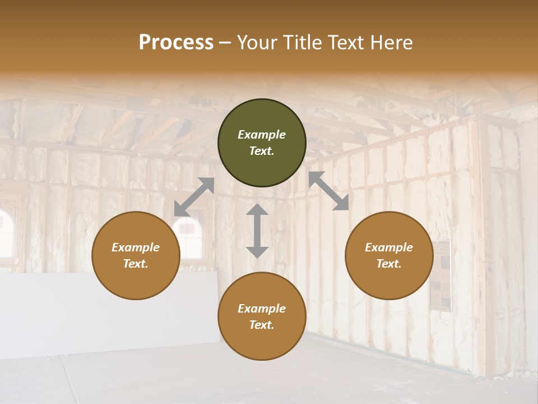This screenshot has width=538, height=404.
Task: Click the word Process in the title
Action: (176, 43)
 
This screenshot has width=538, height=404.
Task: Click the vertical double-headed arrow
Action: (257, 231)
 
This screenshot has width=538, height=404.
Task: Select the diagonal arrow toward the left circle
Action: (194, 197)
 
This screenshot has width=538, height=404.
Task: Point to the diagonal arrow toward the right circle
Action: (328, 191)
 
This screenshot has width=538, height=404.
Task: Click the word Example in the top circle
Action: (262, 135)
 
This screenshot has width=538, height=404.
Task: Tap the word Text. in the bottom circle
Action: (262, 325)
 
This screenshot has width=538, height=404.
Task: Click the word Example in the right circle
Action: (389, 247)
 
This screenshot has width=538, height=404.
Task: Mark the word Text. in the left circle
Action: (136, 264)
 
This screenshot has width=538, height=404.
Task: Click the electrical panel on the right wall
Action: (442, 275)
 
